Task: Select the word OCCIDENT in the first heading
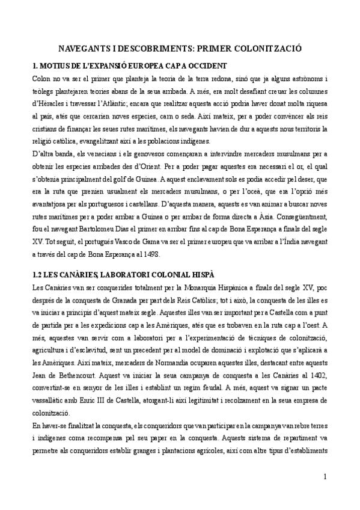(206, 65)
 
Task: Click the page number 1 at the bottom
(325, 477)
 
